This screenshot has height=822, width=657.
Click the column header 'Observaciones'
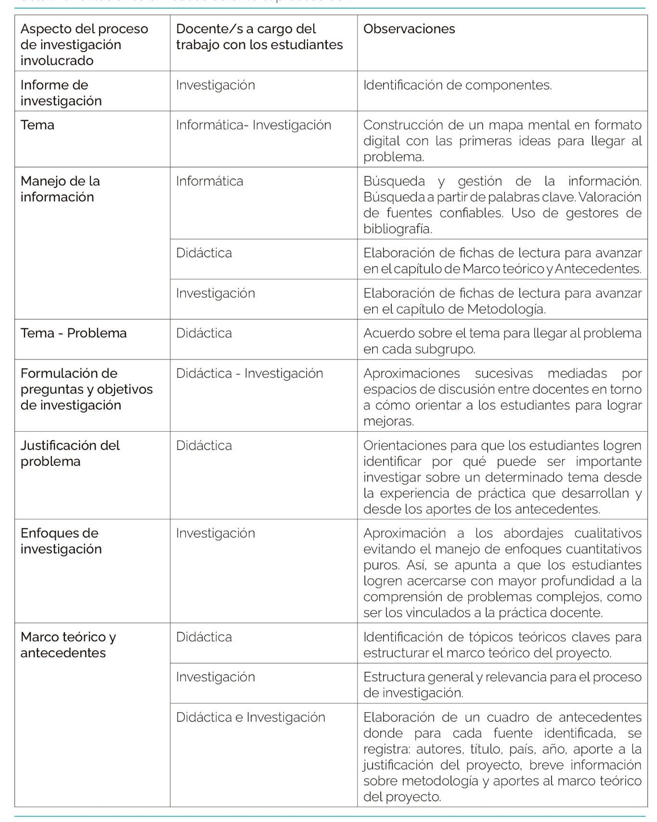pyautogui.click(x=409, y=29)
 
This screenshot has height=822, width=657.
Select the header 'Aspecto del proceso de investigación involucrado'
pyautogui.click(x=84, y=44)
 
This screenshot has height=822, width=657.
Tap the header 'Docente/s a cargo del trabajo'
pyautogui.click(x=259, y=37)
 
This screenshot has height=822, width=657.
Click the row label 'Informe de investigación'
pyautogui.click(x=61, y=93)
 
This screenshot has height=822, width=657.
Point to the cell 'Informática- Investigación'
pyautogui.click(x=253, y=125)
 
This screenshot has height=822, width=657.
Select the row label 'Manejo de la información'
pyautogui.click(x=60, y=189)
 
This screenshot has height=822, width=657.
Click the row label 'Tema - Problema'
pyautogui.click(x=73, y=333)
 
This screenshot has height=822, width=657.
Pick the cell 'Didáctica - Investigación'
pyautogui.click(x=249, y=373)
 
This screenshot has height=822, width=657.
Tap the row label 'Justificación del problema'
pyautogui.click(x=70, y=453)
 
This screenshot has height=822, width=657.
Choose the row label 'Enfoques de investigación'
pyautogui.click(x=61, y=541)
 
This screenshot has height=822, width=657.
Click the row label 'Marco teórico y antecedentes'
pyautogui.click(x=68, y=645)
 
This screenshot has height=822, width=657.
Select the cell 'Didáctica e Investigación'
pyautogui.click(x=250, y=717)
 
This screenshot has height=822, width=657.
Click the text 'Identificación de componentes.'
pyautogui.click(x=457, y=85)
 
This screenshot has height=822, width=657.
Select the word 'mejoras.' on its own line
pyautogui.click(x=388, y=421)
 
